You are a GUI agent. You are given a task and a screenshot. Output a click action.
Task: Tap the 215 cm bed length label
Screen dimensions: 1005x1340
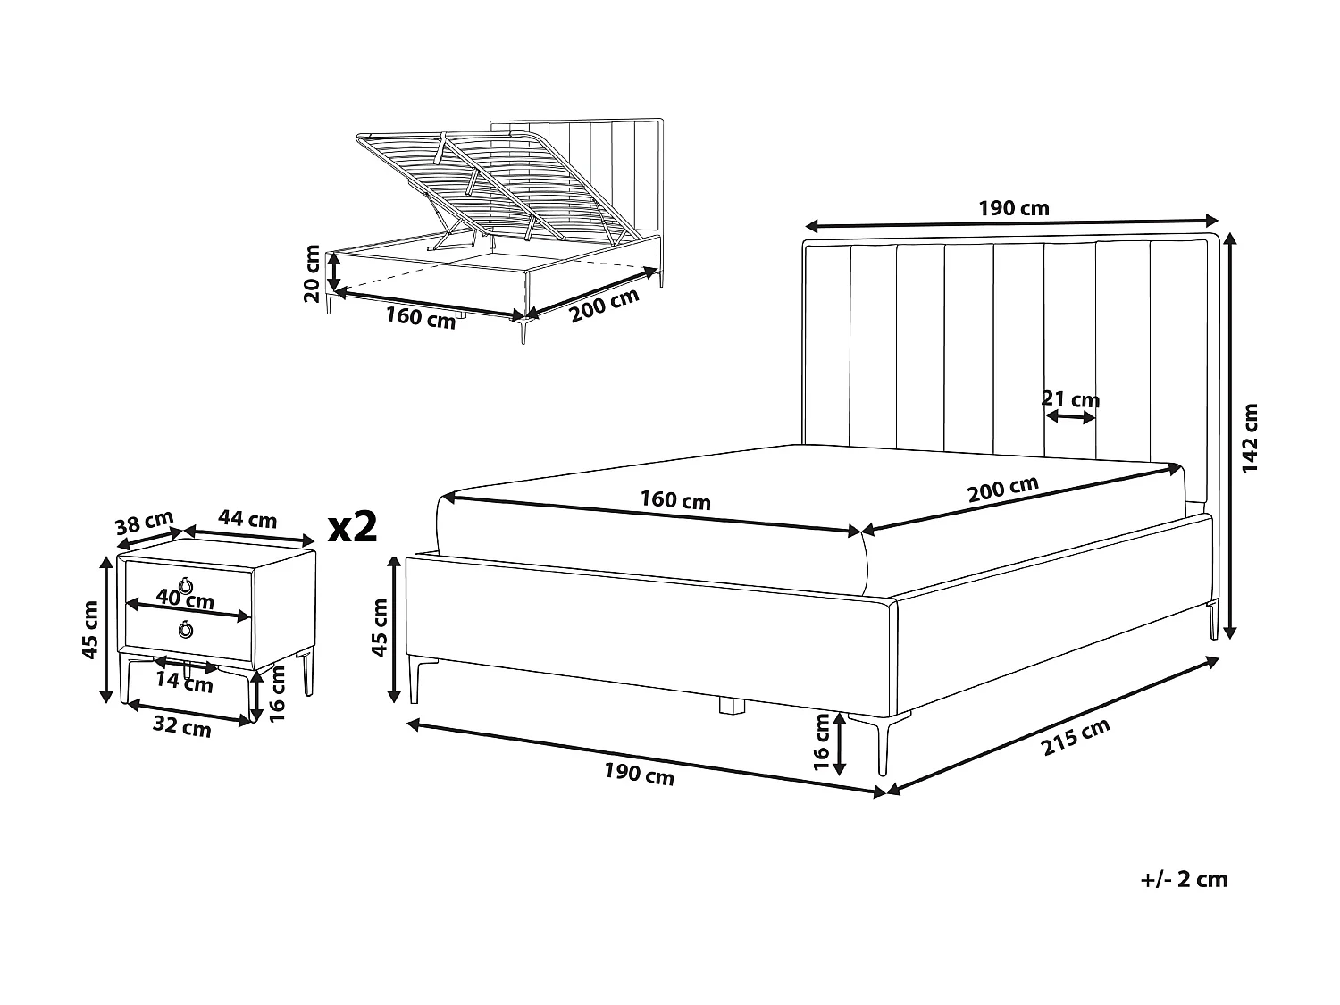(x=1076, y=738)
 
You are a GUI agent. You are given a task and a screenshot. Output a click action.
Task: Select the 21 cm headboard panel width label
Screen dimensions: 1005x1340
(x=1070, y=398)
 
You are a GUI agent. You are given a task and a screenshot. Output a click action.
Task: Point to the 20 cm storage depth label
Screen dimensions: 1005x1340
(x=312, y=274)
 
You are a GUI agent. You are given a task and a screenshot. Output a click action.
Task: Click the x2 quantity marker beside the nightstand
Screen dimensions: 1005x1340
(x=353, y=528)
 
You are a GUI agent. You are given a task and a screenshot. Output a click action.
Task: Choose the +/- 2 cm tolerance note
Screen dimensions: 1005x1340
(x=1184, y=879)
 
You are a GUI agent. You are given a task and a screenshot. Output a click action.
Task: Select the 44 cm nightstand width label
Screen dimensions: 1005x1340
(x=247, y=519)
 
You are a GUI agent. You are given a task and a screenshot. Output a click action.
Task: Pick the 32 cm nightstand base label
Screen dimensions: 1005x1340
(x=182, y=728)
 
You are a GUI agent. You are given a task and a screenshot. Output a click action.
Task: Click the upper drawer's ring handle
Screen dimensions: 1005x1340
(x=186, y=586)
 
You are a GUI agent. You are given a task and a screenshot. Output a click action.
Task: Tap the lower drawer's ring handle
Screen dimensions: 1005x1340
(x=186, y=630)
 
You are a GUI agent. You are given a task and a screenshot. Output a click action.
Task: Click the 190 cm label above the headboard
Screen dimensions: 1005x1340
(x=1013, y=209)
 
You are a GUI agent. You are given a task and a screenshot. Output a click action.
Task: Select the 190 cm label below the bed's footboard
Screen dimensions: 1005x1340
(x=639, y=775)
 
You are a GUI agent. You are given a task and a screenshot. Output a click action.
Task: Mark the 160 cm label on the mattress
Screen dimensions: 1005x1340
(x=675, y=500)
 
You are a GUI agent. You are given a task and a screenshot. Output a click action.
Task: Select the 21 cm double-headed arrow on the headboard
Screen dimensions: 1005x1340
(x=1070, y=416)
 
